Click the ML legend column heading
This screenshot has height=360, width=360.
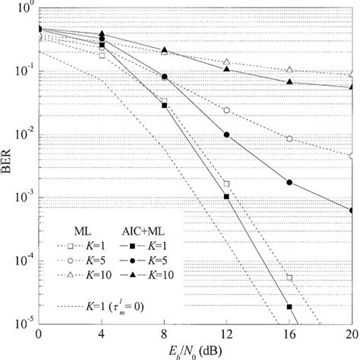(x=71, y=229)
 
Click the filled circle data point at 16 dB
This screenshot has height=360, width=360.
(x=289, y=182)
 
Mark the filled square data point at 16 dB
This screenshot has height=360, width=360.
(x=289, y=307)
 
